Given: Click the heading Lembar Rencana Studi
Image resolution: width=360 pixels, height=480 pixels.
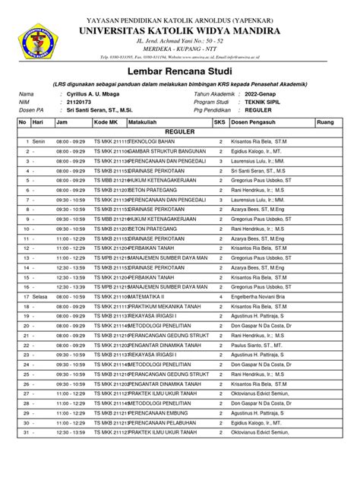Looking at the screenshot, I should [180, 70].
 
